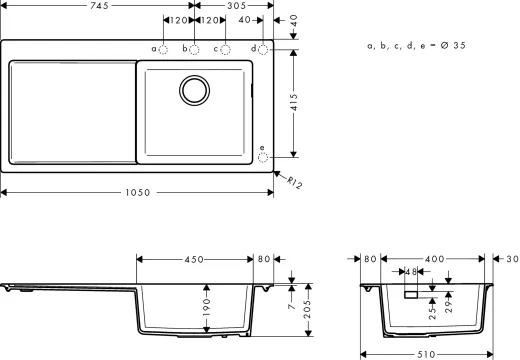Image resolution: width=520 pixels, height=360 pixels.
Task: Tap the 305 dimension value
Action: coord(236,5)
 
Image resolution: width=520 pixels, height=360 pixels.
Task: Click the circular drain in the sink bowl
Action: coord(195,90)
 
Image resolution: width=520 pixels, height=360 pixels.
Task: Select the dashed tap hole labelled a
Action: coord(163,48)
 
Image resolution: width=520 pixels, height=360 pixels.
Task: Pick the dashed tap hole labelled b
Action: coord(194,48)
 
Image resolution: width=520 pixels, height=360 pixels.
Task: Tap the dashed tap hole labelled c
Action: coord(226,48)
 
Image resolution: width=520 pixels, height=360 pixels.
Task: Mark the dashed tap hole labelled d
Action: coord(263,48)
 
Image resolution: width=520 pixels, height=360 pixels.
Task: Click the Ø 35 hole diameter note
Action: coord(419,46)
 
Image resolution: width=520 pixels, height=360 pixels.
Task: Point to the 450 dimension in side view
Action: coord(195,259)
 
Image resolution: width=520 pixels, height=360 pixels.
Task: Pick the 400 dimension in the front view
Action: coord(434,259)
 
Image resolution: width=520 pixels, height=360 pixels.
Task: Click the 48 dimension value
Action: coord(411,271)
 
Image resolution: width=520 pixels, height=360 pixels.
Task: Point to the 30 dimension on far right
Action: coord(511,259)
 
